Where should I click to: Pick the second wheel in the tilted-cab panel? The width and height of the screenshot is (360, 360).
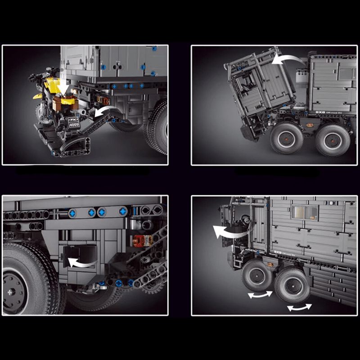click(x=332, y=139)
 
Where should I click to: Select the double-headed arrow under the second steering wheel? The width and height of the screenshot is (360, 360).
click(x=299, y=307)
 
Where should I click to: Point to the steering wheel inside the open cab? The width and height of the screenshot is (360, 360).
click(x=245, y=220)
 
